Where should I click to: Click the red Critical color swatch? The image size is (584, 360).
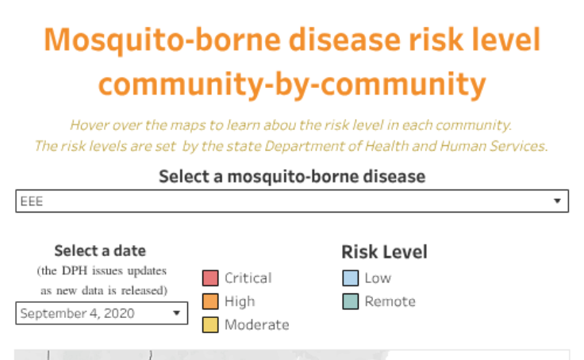coord(210,278)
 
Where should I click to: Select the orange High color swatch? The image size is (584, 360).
coord(210,301)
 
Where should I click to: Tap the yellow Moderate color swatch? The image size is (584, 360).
coord(210,324)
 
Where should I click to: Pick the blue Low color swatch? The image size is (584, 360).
coord(350,278)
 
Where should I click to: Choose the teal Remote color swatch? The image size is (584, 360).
coord(350,301)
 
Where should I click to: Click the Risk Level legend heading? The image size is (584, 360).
coord(384,252)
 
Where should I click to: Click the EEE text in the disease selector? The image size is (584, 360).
coord(32,201)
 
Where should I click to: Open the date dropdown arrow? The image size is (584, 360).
coord(175,313)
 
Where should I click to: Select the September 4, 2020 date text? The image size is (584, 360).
coord(77,313)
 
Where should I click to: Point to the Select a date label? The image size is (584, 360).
coord(100,251)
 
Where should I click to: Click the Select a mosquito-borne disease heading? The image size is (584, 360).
coord(292,176)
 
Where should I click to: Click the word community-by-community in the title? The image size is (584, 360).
coord(292,83)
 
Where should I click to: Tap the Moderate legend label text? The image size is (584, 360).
coord(256,324)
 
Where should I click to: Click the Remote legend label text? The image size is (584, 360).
coord(390,301)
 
